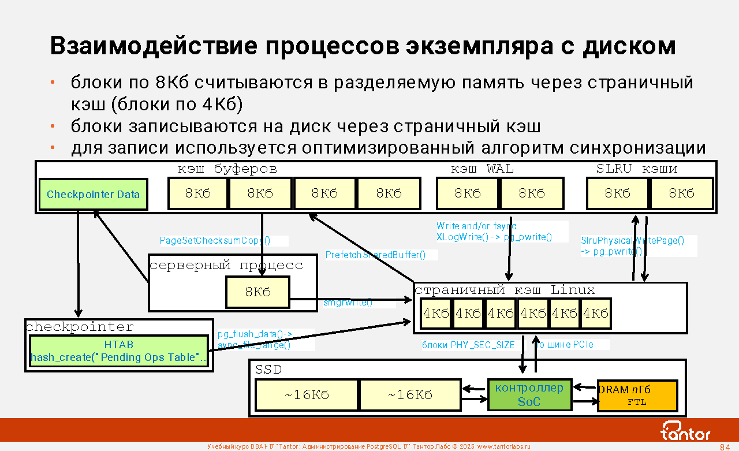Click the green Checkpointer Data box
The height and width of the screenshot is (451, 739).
pos(93,195)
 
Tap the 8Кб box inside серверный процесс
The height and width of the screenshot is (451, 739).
pos(257,292)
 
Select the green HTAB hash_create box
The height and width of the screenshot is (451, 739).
pos(118,351)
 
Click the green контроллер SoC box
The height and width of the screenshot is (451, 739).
pos(529,394)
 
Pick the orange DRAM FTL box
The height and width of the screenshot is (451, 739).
pos(637,396)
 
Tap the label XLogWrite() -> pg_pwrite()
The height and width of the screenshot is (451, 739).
pos(494,237)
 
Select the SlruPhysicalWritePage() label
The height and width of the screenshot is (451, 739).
pos(632,241)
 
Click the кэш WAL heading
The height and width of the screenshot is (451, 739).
pos(482,169)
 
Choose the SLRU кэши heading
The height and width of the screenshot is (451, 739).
pos(636,169)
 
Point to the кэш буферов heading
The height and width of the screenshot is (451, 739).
pos(227,169)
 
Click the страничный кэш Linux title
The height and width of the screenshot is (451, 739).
pos(505,290)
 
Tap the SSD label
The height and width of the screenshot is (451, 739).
pos(268,370)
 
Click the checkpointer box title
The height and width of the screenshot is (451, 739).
pos(80,327)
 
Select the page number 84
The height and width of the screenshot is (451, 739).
pos(725,447)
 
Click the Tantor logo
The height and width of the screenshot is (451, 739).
pos(685,430)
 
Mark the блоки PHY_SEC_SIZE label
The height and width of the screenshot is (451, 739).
pos(468,345)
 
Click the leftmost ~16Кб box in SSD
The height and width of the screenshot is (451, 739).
pos(307,395)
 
